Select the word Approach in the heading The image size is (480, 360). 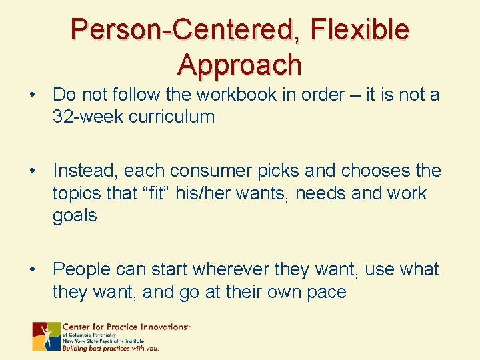pyautogui.click(x=239, y=65)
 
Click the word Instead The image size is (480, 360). pyautogui.click(x=85, y=171)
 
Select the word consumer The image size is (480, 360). pyautogui.click(x=204, y=171)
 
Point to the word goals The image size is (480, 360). pyautogui.click(x=75, y=216)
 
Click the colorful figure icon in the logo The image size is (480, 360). pyautogui.click(x=46, y=336)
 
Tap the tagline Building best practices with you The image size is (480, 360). pyautogui.click(x=111, y=347)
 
